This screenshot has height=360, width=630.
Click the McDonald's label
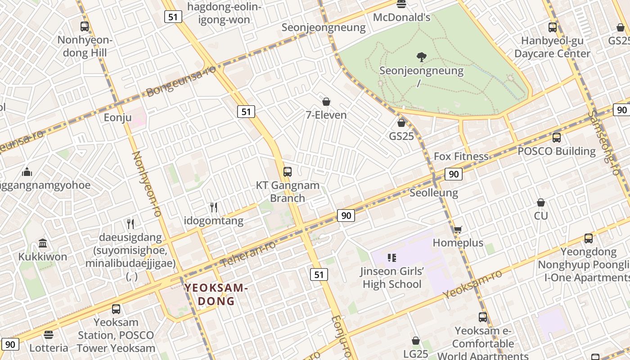402,18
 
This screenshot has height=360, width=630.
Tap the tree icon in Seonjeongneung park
422,57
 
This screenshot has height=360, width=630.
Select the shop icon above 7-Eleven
326,102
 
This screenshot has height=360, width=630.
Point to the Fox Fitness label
461,157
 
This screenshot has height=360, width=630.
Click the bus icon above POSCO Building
557,138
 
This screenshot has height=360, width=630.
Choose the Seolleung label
434,193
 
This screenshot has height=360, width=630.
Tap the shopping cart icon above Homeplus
458,230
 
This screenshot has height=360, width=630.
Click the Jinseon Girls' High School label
392,278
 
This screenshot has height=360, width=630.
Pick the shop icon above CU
541,203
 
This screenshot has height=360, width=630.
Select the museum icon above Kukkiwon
43,243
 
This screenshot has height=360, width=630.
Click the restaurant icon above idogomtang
214,207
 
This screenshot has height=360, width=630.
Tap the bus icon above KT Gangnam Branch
287,172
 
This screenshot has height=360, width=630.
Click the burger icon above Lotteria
49,335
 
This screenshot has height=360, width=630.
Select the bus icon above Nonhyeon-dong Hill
85,27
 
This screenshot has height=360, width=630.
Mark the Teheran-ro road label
248,253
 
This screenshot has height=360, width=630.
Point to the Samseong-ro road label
603,142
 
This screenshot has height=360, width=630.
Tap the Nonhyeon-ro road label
147,184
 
